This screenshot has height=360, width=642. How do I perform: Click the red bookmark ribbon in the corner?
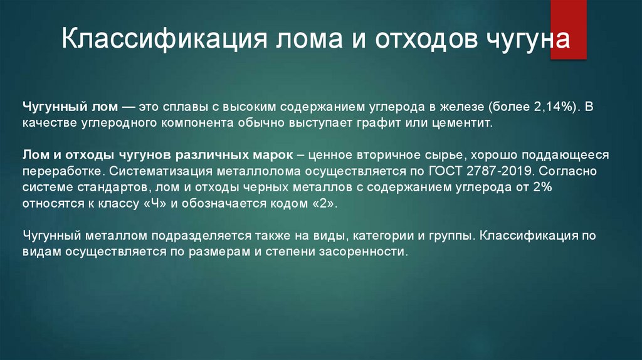point(568,28)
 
